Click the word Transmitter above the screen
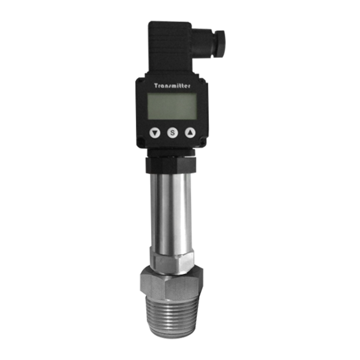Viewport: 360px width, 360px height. pos(172,86)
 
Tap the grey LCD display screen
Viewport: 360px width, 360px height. pos(172,106)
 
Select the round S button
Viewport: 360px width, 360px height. pos(172,133)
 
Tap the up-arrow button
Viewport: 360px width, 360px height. pos(190,132)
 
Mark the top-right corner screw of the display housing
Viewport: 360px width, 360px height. pos(203,81)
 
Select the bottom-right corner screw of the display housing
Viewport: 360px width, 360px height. pos(203,143)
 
